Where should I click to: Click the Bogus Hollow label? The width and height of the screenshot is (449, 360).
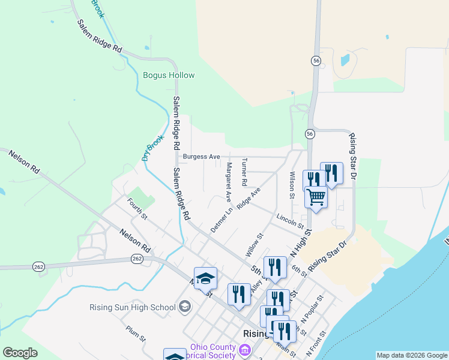(169, 76)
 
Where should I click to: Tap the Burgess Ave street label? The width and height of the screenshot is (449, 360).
(202, 157)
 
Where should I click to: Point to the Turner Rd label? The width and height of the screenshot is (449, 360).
(244, 172)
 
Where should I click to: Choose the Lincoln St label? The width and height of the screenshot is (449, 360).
(291, 221)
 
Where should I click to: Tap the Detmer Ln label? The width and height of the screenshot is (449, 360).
(221, 221)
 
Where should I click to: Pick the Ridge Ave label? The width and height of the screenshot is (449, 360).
(249, 198)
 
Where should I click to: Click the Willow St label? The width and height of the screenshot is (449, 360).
(255, 245)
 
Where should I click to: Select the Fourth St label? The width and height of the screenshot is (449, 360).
(137, 209)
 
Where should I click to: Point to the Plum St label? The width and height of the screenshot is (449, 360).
(136, 334)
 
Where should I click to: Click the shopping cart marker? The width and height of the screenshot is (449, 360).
(316, 196)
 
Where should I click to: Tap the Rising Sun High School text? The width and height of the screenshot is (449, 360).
(132, 308)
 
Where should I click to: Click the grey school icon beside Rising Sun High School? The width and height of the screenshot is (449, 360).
(185, 307)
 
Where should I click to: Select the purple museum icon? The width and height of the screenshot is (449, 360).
(244, 349)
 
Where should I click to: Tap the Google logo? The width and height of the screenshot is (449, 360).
(20, 353)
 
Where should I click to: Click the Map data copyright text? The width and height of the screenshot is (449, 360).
(411, 355)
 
